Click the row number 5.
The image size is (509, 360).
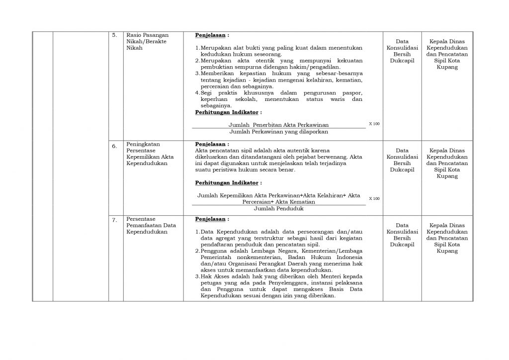tap(114, 36)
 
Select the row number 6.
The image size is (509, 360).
tap(114, 146)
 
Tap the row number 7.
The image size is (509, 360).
tap(114, 219)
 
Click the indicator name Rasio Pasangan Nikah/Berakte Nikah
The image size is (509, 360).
tap(147, 42)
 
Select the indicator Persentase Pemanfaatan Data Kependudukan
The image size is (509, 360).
tap(151, 225)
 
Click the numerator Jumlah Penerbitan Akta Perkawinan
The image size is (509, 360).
tap(278, 125)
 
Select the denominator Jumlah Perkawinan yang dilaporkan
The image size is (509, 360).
tap(278, 132)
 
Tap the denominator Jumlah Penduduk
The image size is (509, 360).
tap(278, 209)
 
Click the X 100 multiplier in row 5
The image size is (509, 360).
tap(374, 123)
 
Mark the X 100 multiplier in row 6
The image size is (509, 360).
tap(374, 198)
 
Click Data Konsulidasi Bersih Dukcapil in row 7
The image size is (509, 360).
tap(404, 235)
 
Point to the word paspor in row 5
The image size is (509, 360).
tap(352, 93)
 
